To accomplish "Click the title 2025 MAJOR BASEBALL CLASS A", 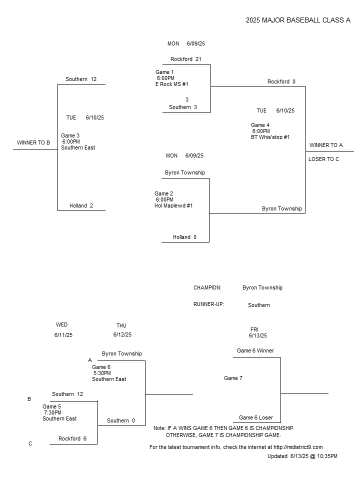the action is coord(298,20).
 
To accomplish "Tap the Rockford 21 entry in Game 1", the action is coord(186,59).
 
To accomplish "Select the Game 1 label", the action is coord(164,72).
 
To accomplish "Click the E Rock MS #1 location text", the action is coord(171,84).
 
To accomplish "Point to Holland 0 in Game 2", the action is coord(184,237).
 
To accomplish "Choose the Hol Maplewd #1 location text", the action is coord(173,205).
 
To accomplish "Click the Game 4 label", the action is coord(260,125).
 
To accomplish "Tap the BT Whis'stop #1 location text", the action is coord(270,137).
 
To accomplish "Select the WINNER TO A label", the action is coord(326,145).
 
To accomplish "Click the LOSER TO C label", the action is coord(323,159).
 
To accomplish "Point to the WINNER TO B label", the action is coord(33,142).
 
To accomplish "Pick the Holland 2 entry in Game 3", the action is coord(81,205).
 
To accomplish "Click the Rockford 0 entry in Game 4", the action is coord(281,81).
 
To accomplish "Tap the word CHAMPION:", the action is coord(207,288).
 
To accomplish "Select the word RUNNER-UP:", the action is coord(208,304).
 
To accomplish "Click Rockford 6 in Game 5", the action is coord(72,438).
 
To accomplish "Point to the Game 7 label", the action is coord(233,378).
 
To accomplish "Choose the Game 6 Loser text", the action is coord(256,418).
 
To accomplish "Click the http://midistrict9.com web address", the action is coord(298,447).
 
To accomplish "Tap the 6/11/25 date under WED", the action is coord(63,335).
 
